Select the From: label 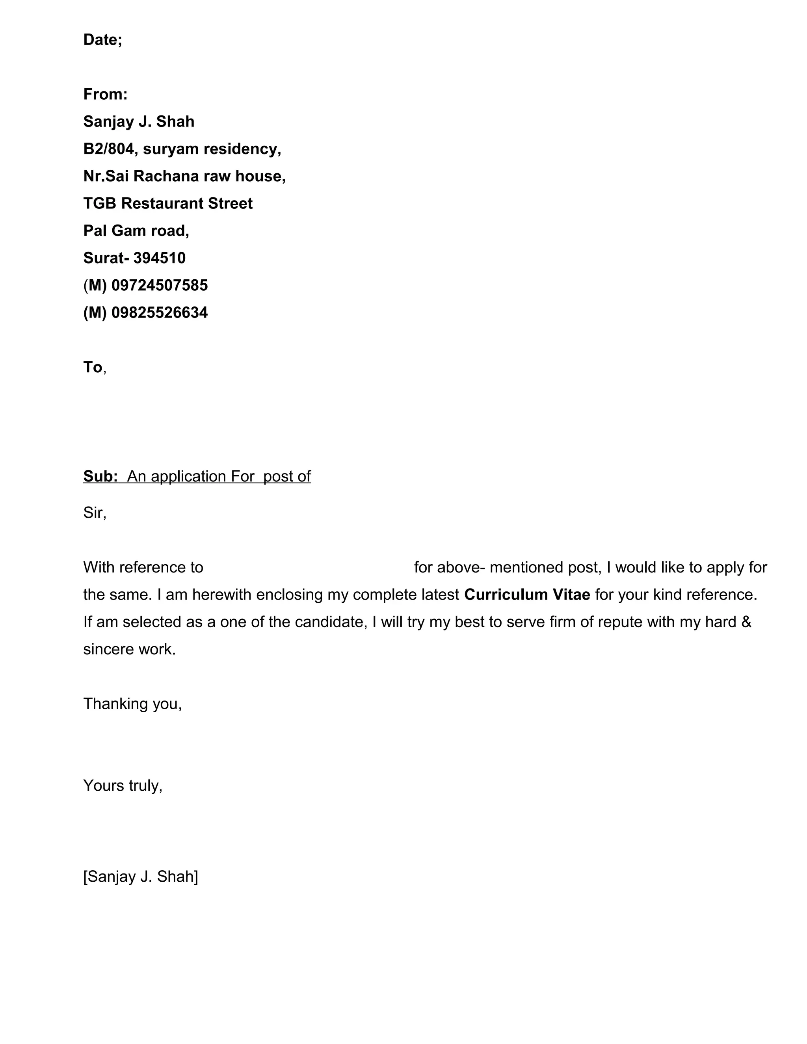pyautogui.click(x=105, y=94)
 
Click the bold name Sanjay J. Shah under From pyautogui.click(x=139, y=121)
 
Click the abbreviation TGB pyautogui.click(x=100, y=204)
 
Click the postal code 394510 pyautogui.click(x=159, y=258)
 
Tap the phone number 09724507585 pyautogui.click(x=159, y=285)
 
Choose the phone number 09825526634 pyautogui.click(x=159, y=313)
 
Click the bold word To pyautogui.click(x=93, y=367)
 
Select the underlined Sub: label pyautogui.click(x=100, y=476)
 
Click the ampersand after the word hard pyautogui.click(x=746, y=622)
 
